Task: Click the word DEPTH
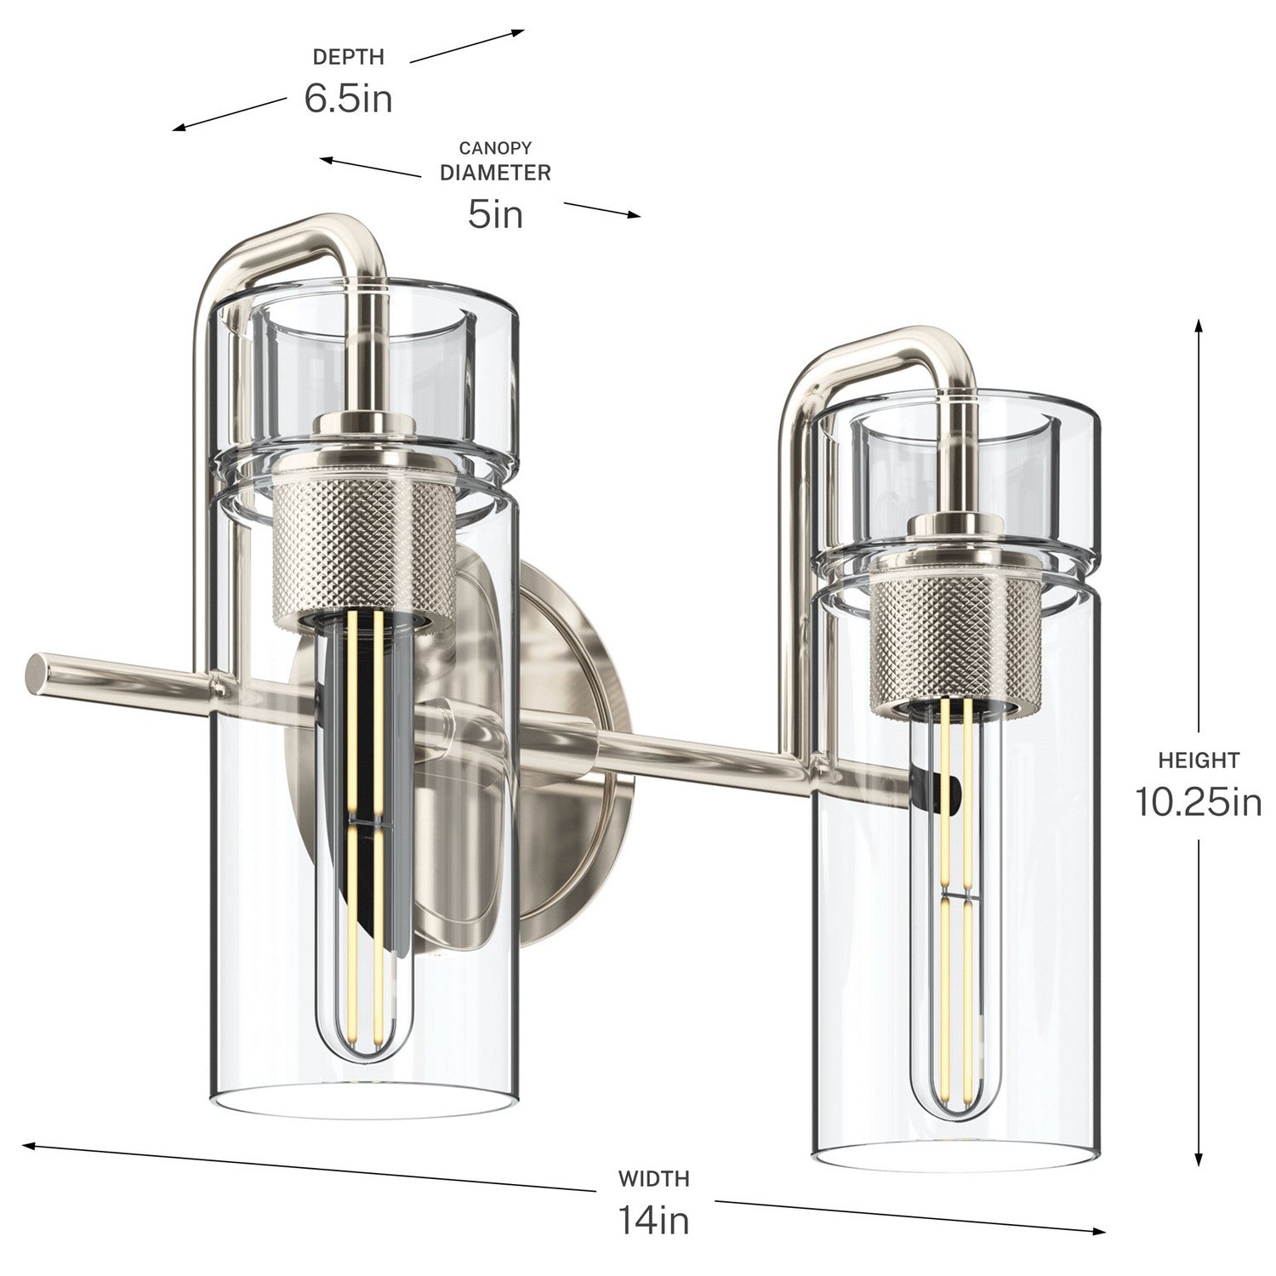pyautogui.click(x=349, y=57)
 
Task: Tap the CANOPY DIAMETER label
pyautogui.click(x=495, y=161)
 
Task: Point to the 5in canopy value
pyautogui.click(x=495, y=214)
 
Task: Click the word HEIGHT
pyautogui.click(x=1199, y=760)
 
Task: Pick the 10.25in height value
pyautogui.click(x=1199, y=802)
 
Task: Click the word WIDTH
pyautogui.click(x=653, y=1179)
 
